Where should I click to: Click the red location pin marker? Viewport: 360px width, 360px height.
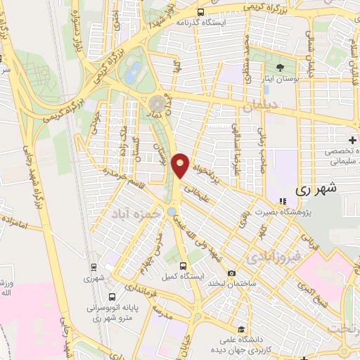pyautogui.click(x=181, y=165)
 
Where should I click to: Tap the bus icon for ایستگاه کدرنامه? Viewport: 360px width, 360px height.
pyautogui.click(x=201, y=12)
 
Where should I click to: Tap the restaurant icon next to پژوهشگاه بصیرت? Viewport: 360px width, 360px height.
pyautogui.click(x=283, y=202)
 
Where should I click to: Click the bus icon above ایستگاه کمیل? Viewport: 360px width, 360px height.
pyautogui.click(x=184, y=266)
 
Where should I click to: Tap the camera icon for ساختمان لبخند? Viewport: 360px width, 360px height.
pyautogui.click(x=231, y=274)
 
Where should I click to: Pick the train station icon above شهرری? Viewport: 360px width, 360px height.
pyautogui.click(x=94, y=267)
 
